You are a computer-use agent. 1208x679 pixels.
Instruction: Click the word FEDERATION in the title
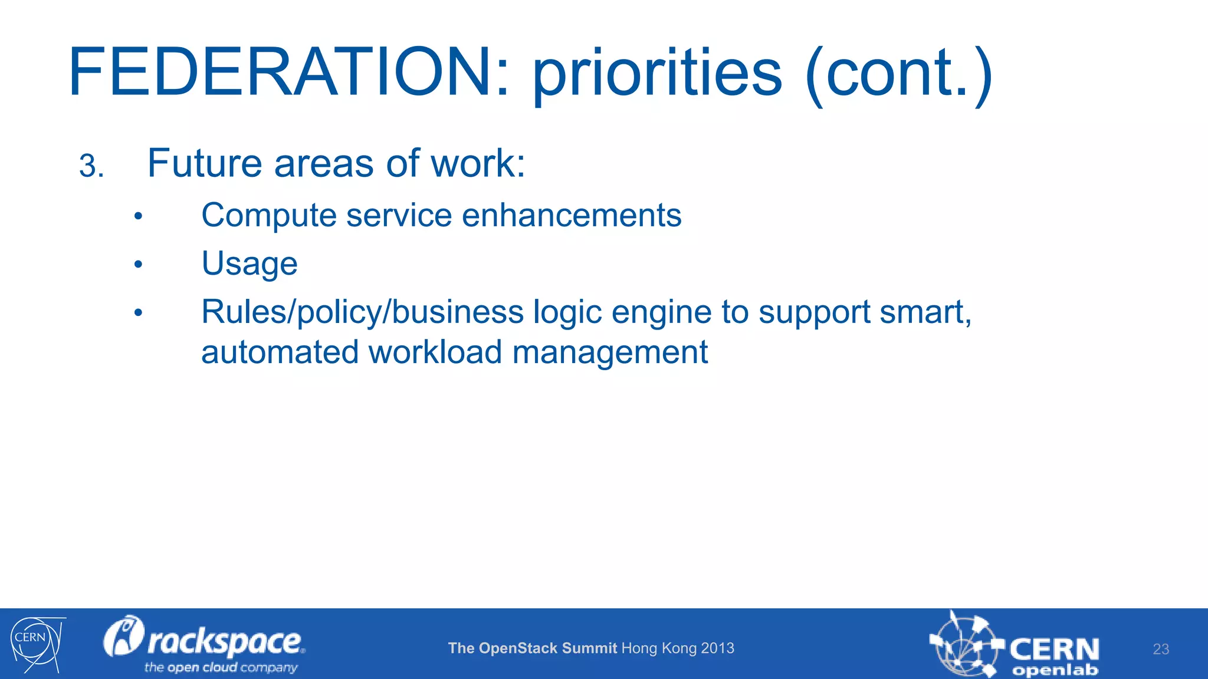tap(281, 72)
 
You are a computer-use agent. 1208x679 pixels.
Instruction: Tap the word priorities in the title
tap(657, 75)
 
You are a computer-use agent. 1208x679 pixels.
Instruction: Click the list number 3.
tap(91, 166)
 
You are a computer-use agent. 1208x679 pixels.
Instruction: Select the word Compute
tap(268, 216)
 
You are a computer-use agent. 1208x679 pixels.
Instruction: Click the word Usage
tap(249, 264)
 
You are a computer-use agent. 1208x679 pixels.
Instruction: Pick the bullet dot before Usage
tap(138, 265)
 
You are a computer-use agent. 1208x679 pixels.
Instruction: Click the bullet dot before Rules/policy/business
tap(138, 313)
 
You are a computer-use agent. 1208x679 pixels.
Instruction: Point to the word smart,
tap(925, 312)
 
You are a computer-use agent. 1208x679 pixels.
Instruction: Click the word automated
tap(280, 352)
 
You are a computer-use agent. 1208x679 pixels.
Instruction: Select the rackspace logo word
tap(224, 641)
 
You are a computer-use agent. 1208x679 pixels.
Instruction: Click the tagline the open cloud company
tap(221, 668)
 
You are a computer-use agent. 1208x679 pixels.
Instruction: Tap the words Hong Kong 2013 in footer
tap(678, 648)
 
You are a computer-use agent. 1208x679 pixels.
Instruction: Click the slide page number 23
tap(1160, 649)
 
